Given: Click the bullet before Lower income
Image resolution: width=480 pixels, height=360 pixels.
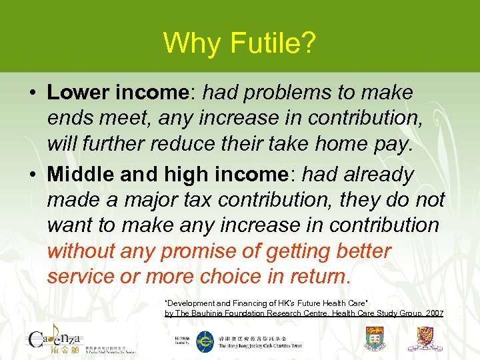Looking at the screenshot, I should pos(33,93).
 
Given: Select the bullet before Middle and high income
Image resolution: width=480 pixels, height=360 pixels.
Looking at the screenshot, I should pos(33,175).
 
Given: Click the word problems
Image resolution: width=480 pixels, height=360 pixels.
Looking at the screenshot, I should pos(293,93).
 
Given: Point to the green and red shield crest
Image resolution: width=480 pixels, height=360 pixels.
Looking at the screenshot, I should pos(375,339).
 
